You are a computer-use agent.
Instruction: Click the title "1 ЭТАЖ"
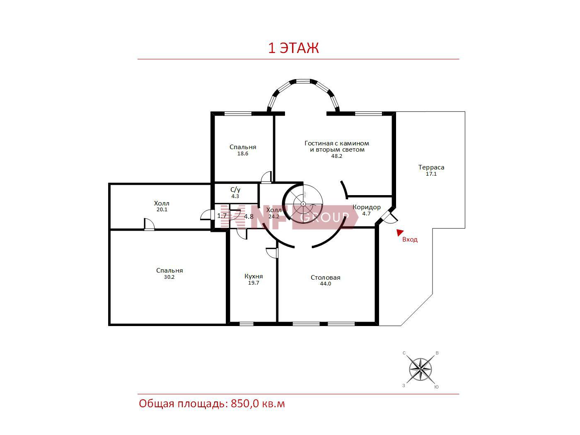[x=293, y=48]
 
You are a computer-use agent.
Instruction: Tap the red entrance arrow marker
[x=399, y=232]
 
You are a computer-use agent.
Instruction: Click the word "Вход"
[x=410, y=239]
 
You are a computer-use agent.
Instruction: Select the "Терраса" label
[x=431, y=167]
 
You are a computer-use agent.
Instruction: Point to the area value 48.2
[x=337, y=156]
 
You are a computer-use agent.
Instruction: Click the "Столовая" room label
[x=325, y=277]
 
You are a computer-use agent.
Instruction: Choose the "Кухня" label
[x=254, y=276]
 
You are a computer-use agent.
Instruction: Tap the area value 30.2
[x=169, y=277]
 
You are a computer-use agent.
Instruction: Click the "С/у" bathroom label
[x=235, y=190]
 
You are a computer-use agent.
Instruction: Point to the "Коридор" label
[x=367, y=207]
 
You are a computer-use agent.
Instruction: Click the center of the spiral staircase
[x=303, y=204]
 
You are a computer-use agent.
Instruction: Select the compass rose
[x=420, y=370]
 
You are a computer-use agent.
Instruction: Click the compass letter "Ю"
[x=436, y=387]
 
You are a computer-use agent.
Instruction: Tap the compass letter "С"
[x=404, y=353]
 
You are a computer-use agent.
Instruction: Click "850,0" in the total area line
[x=245, y=404]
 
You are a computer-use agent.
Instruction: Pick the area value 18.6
[x=243, y=153]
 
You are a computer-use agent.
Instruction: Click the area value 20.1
[x=162, y=210]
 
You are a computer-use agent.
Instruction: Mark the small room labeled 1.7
[x=221, y=216]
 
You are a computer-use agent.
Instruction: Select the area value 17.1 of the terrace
[x=431, y=174]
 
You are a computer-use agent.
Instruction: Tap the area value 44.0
[x=325, y=284]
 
